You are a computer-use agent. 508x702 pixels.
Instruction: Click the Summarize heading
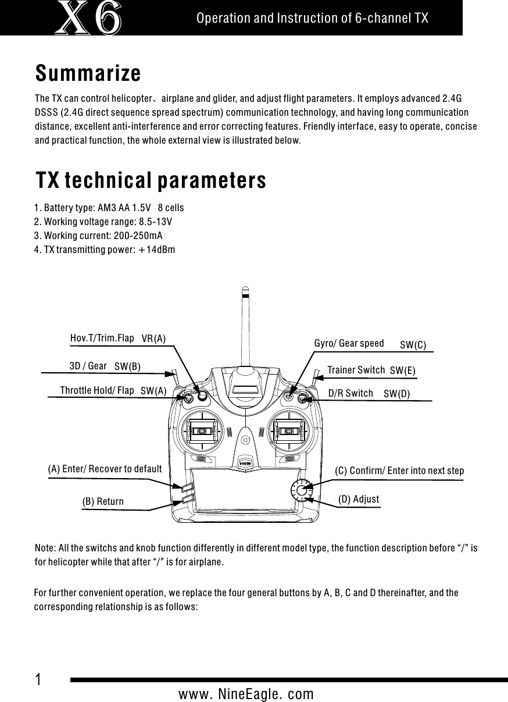[88, 74]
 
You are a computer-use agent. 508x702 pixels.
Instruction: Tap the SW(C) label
[413, 345]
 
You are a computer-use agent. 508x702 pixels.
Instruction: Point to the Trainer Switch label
[356, 370]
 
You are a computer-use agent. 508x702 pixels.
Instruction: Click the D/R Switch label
[350, 393]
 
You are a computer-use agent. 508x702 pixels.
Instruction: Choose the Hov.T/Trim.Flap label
[102, 337]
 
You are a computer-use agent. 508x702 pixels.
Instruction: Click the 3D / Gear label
[88, 366]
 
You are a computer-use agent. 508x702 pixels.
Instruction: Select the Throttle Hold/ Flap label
[97, 390]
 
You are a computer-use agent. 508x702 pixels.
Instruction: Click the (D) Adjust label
[359, 499]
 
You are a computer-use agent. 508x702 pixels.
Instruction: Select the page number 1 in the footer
[38, 679]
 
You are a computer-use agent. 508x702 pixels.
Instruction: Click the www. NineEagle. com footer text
[246, 694]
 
